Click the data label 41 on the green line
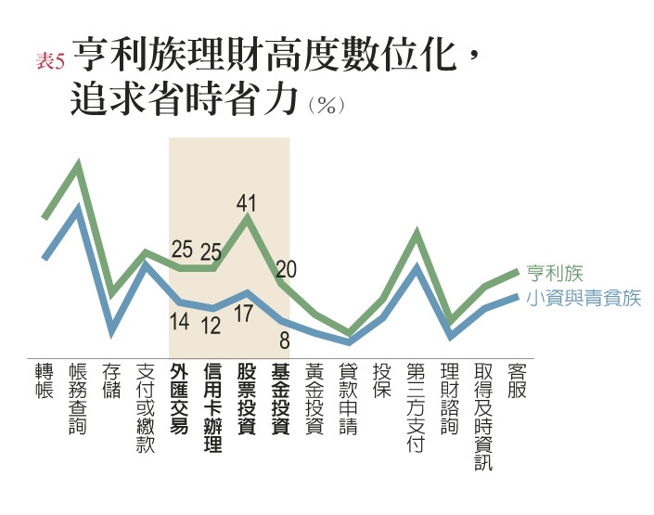click(247, 202)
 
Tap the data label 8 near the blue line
click(285, 341)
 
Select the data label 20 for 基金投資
click(286, 269)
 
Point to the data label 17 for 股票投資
click(243, 314)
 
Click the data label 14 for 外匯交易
click(180, 322)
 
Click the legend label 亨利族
click(555, 274)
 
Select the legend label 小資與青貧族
click(583, 298)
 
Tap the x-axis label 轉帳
click(45, 380)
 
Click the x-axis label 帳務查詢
click(79, 400)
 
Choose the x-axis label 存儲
click(112, 380)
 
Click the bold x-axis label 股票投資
click(247, 399)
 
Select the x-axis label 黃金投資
click(314, 399)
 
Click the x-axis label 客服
click(517, 380)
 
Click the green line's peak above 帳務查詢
click(79, 167)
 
